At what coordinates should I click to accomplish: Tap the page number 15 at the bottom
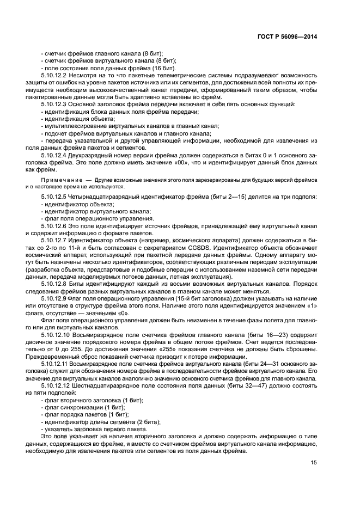pos(314,462)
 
